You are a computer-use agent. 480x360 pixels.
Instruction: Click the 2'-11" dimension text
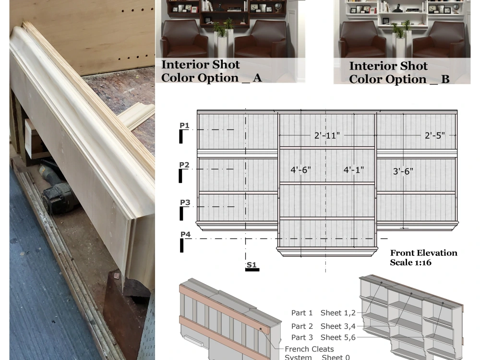pyautogui.click(x=327, y=136)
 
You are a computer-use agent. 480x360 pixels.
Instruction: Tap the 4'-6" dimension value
pyautogui.click(x=300, y=169)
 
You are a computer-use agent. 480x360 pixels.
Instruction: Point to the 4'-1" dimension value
pyautogui.click(x=354, y=169)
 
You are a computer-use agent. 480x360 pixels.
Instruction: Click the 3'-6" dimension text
pyautogui.click(x=403, y=171)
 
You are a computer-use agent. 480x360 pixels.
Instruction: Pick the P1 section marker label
pyautogui.click(x=184, y=125)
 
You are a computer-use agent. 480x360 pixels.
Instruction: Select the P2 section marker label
pyautogui.click(x=184, y=165)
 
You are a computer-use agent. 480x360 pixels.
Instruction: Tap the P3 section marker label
pyautogui.click(x=185, y=203)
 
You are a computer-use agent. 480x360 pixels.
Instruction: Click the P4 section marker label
pyautogui.click(x=185, y=234)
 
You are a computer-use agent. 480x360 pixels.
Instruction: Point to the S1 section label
pyautogui.click(x=252, y=264)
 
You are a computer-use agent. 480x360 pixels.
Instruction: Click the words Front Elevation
pyautogui.click(x=423, y=253)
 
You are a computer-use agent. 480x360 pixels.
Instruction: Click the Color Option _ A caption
pyautogui.click(x=211, y=78)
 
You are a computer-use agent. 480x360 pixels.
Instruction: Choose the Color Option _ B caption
pyautogui.click(x=399, y=79)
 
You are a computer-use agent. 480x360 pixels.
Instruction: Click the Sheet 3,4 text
pyautogui.click(x=338, y=326)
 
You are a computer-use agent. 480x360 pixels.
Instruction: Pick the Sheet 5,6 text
pyautogui.click(x=338, y=337)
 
